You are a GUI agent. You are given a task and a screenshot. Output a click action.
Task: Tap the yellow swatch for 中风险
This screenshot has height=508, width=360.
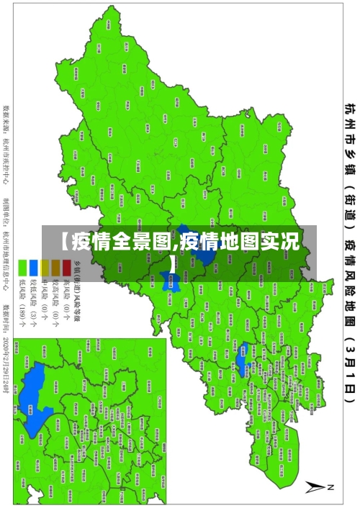[x=43, y=268]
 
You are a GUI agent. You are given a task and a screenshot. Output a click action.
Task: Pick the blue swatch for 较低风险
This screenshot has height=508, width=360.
[x=33, y=268]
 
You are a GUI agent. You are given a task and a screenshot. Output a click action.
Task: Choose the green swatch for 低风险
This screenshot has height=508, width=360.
[x=22, y=268]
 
